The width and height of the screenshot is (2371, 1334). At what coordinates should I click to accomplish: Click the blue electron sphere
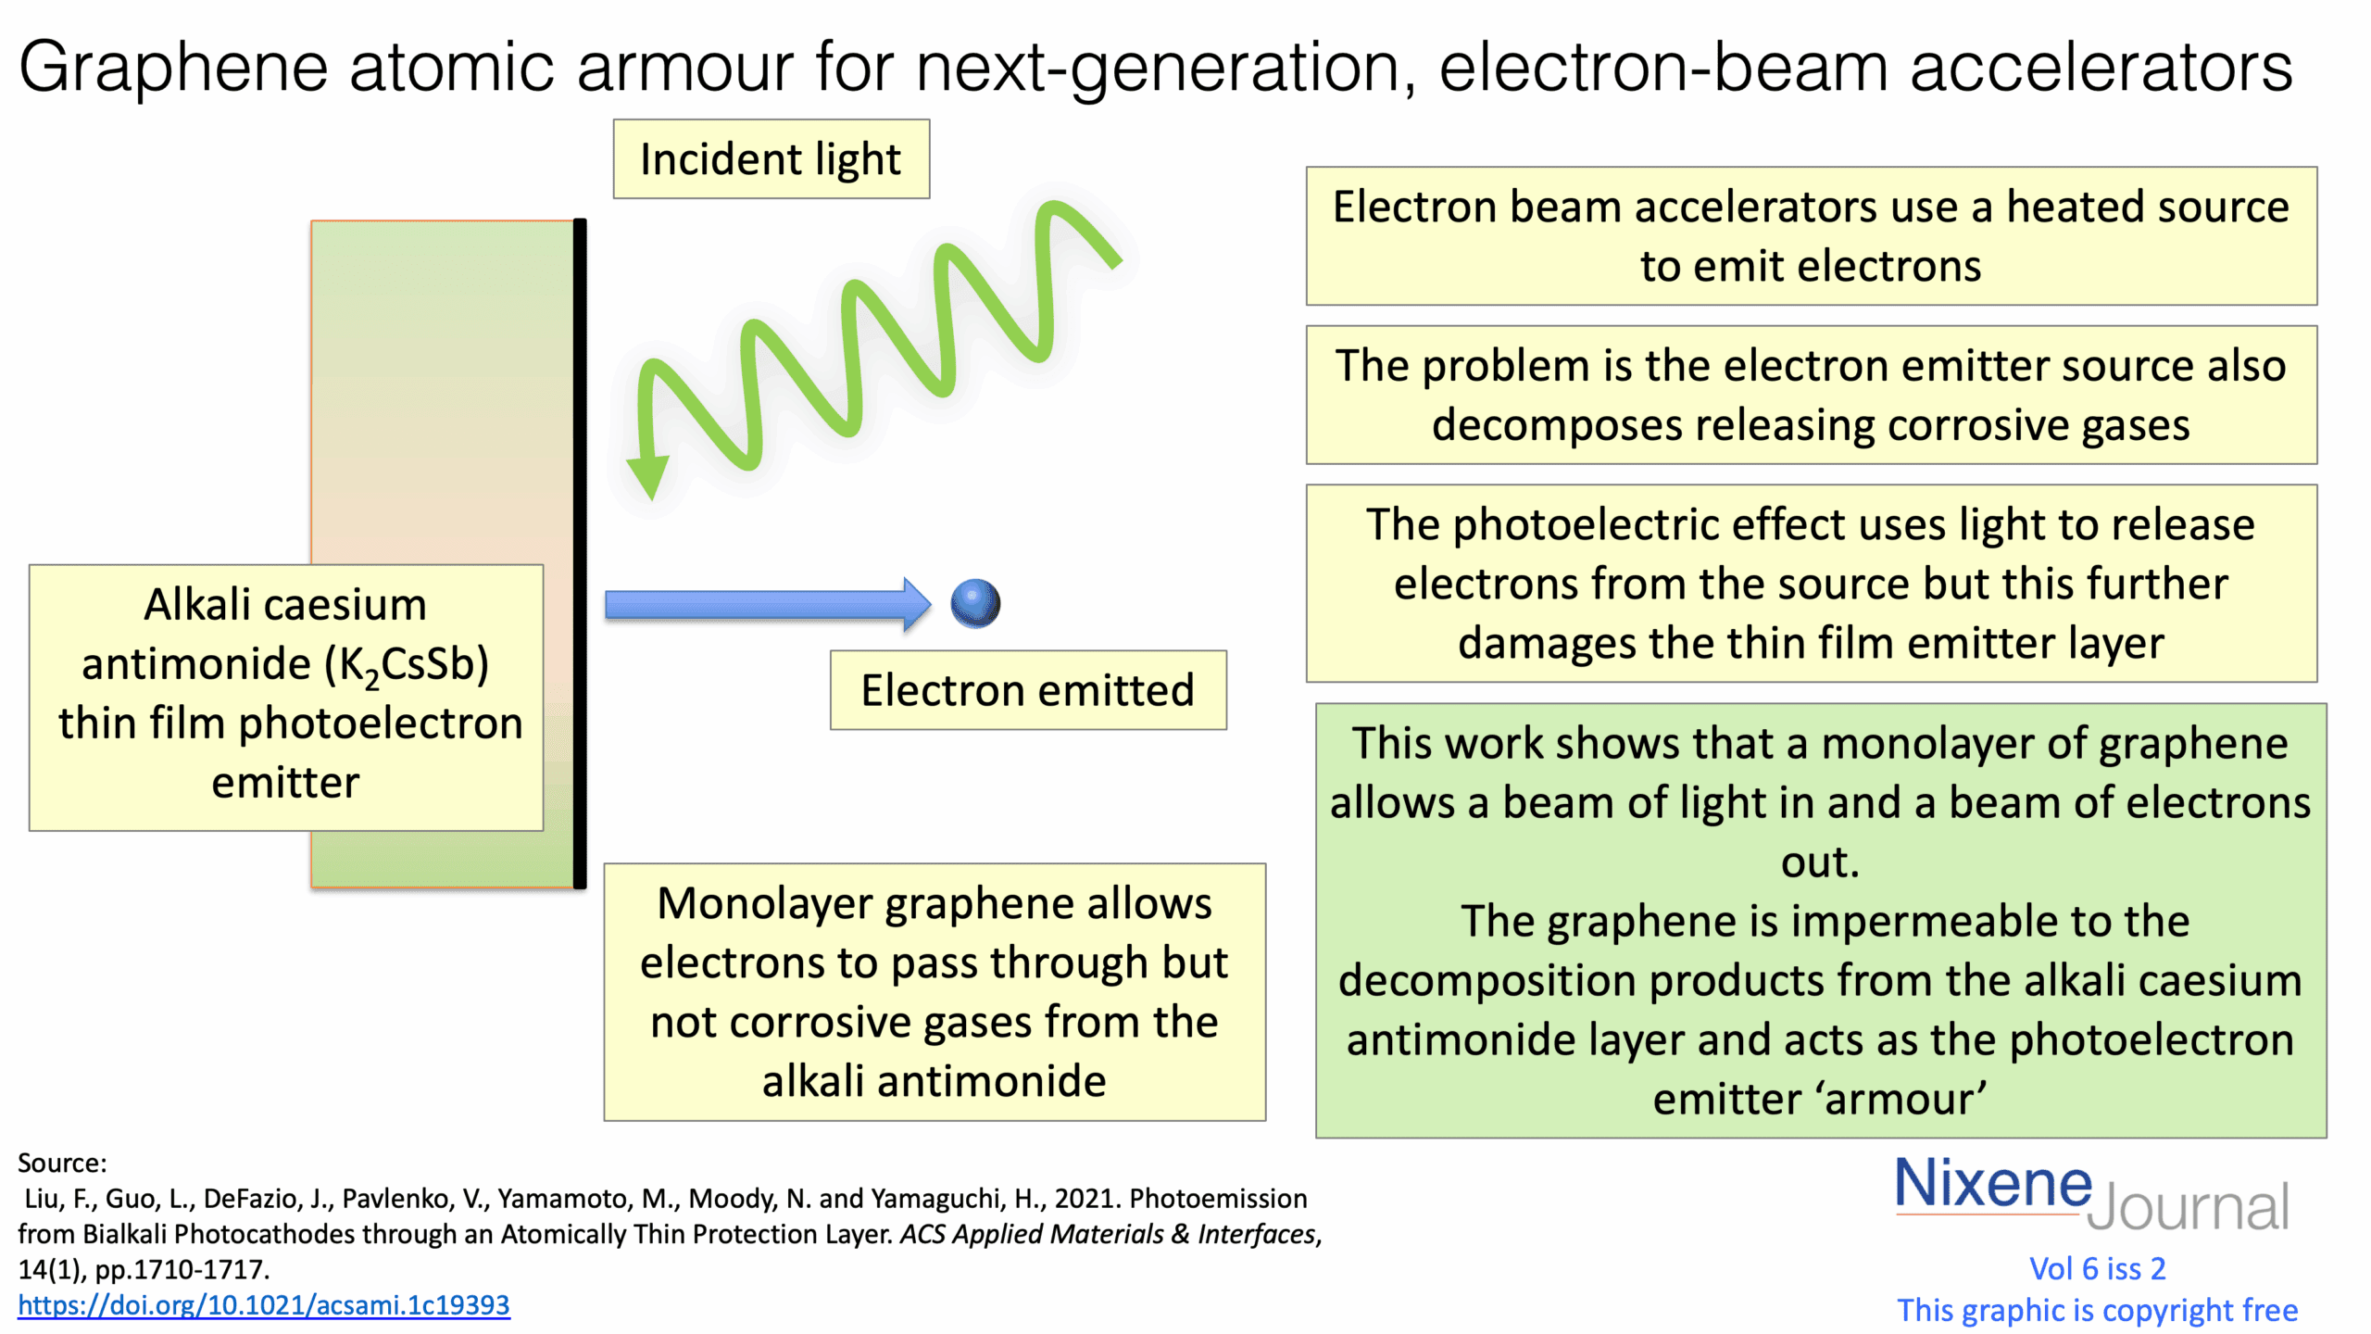(x=975, y=604)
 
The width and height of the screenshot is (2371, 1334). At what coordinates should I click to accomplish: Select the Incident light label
(x=771, y=159)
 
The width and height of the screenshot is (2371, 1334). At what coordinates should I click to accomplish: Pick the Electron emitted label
(x=1027, y=690)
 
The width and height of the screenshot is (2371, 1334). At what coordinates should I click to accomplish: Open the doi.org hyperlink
(x=264, y=1305)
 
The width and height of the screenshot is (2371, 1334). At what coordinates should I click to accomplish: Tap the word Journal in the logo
(x=2188, y=1207)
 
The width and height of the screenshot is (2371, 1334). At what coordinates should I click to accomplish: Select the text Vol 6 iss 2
(x=2097, y=1268)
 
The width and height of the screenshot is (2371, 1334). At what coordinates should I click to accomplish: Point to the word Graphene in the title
(x=173, y=67)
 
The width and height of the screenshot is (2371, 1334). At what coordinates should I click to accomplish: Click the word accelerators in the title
(x=2101, y=67)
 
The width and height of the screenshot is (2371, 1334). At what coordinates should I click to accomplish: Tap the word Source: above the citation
(x=62, y=1164)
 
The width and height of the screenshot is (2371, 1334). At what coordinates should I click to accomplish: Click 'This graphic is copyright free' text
(x=2097, y=1310)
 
